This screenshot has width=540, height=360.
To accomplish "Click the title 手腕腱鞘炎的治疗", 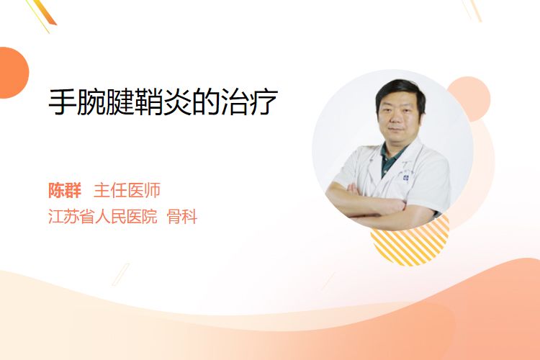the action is pos(163,102).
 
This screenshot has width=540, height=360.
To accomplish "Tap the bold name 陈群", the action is pos(65,191).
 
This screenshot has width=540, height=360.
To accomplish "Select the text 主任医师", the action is pos(127,191).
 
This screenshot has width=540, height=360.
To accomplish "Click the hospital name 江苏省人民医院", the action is pos(103,217).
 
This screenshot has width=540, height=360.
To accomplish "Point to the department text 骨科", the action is pos(182,217).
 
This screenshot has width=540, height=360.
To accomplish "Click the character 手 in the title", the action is pos(63,102).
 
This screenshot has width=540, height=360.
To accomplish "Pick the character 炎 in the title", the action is pos(177,102).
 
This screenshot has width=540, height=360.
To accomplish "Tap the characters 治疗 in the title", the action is pos(249,102).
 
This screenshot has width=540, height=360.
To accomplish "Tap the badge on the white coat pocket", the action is pos(406,178).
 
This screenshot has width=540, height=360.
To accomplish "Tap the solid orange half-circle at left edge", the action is pos(13,73).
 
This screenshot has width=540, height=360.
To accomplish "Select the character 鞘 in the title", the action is pos(149,102).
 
